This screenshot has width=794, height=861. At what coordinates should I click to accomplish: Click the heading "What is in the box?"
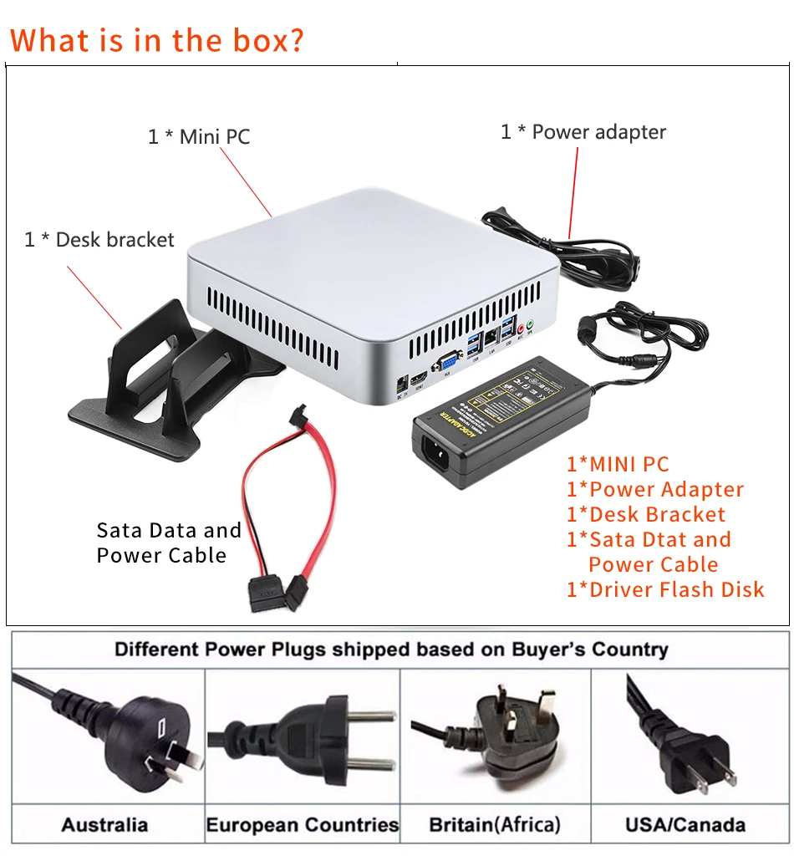[157, 39]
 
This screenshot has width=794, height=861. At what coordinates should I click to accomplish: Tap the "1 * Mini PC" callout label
[199, 136]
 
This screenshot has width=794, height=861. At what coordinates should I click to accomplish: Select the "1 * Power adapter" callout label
[583, 132]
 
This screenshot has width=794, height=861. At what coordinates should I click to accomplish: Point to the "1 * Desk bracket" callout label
[99, 240]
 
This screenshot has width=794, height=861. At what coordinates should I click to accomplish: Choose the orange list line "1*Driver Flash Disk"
[665, 589]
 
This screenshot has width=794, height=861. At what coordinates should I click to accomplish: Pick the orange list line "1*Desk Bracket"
[646, 514]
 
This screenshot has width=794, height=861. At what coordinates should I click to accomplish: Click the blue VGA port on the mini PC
[446, 362]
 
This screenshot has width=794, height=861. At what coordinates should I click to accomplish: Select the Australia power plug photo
[109, 736]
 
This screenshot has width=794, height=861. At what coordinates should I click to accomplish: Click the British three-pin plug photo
[496, 736]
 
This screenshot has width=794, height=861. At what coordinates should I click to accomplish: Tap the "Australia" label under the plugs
[104, 825]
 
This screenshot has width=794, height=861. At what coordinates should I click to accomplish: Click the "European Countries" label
[303, 825]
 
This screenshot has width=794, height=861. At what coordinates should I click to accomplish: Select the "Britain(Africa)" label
[495, 825]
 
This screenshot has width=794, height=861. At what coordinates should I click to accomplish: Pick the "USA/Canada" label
[685, 825]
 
